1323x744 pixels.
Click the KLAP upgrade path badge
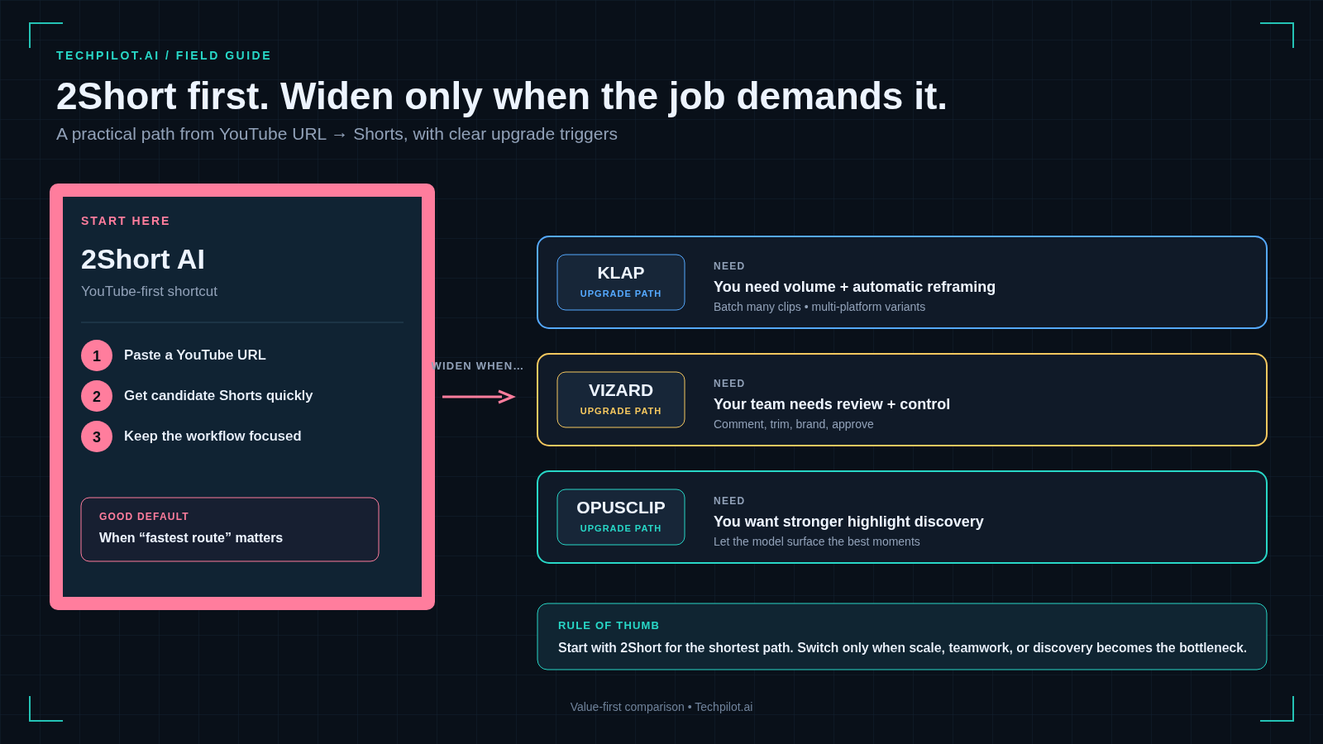pyautogui.click(x=621, y=282)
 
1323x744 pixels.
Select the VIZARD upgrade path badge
pyautogui.click(x=621, y=400)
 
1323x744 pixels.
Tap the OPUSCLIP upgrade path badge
pyautogui.click(x=621, y=517)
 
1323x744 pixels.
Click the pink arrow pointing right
pyautogui.click(x=479, y=396)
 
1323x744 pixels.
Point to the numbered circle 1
pyautogui.click(x=96, y=355)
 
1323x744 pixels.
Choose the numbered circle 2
pyautogui.click(x=96, y=396)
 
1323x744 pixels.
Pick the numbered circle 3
pyautogui.click(x=96, y=436)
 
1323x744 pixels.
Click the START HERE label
pyautogui.click(x=125, y=221)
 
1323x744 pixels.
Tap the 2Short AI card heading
pyautogui.click(x=143, y=260)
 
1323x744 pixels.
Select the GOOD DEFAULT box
pyautogui.click(x=230, y=529)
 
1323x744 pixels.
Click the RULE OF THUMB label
pyautogui.click(x=609, y=625)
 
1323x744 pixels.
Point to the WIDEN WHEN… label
pyautogui.click(x=478, y=366)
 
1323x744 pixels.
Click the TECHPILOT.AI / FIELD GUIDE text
pyautogui.click(x=164, y=55)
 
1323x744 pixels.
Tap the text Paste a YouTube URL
pyautogui.click(x=195, y=355)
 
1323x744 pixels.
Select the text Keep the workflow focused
pyautogui.click(x=213, y=436)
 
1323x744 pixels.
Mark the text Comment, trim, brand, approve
pyautogui.click(x=793, y=424)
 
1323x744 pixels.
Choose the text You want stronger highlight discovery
pyautogui.click(x=848, y=522)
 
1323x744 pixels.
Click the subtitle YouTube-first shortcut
pyautogui.click(x=149, y=291)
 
